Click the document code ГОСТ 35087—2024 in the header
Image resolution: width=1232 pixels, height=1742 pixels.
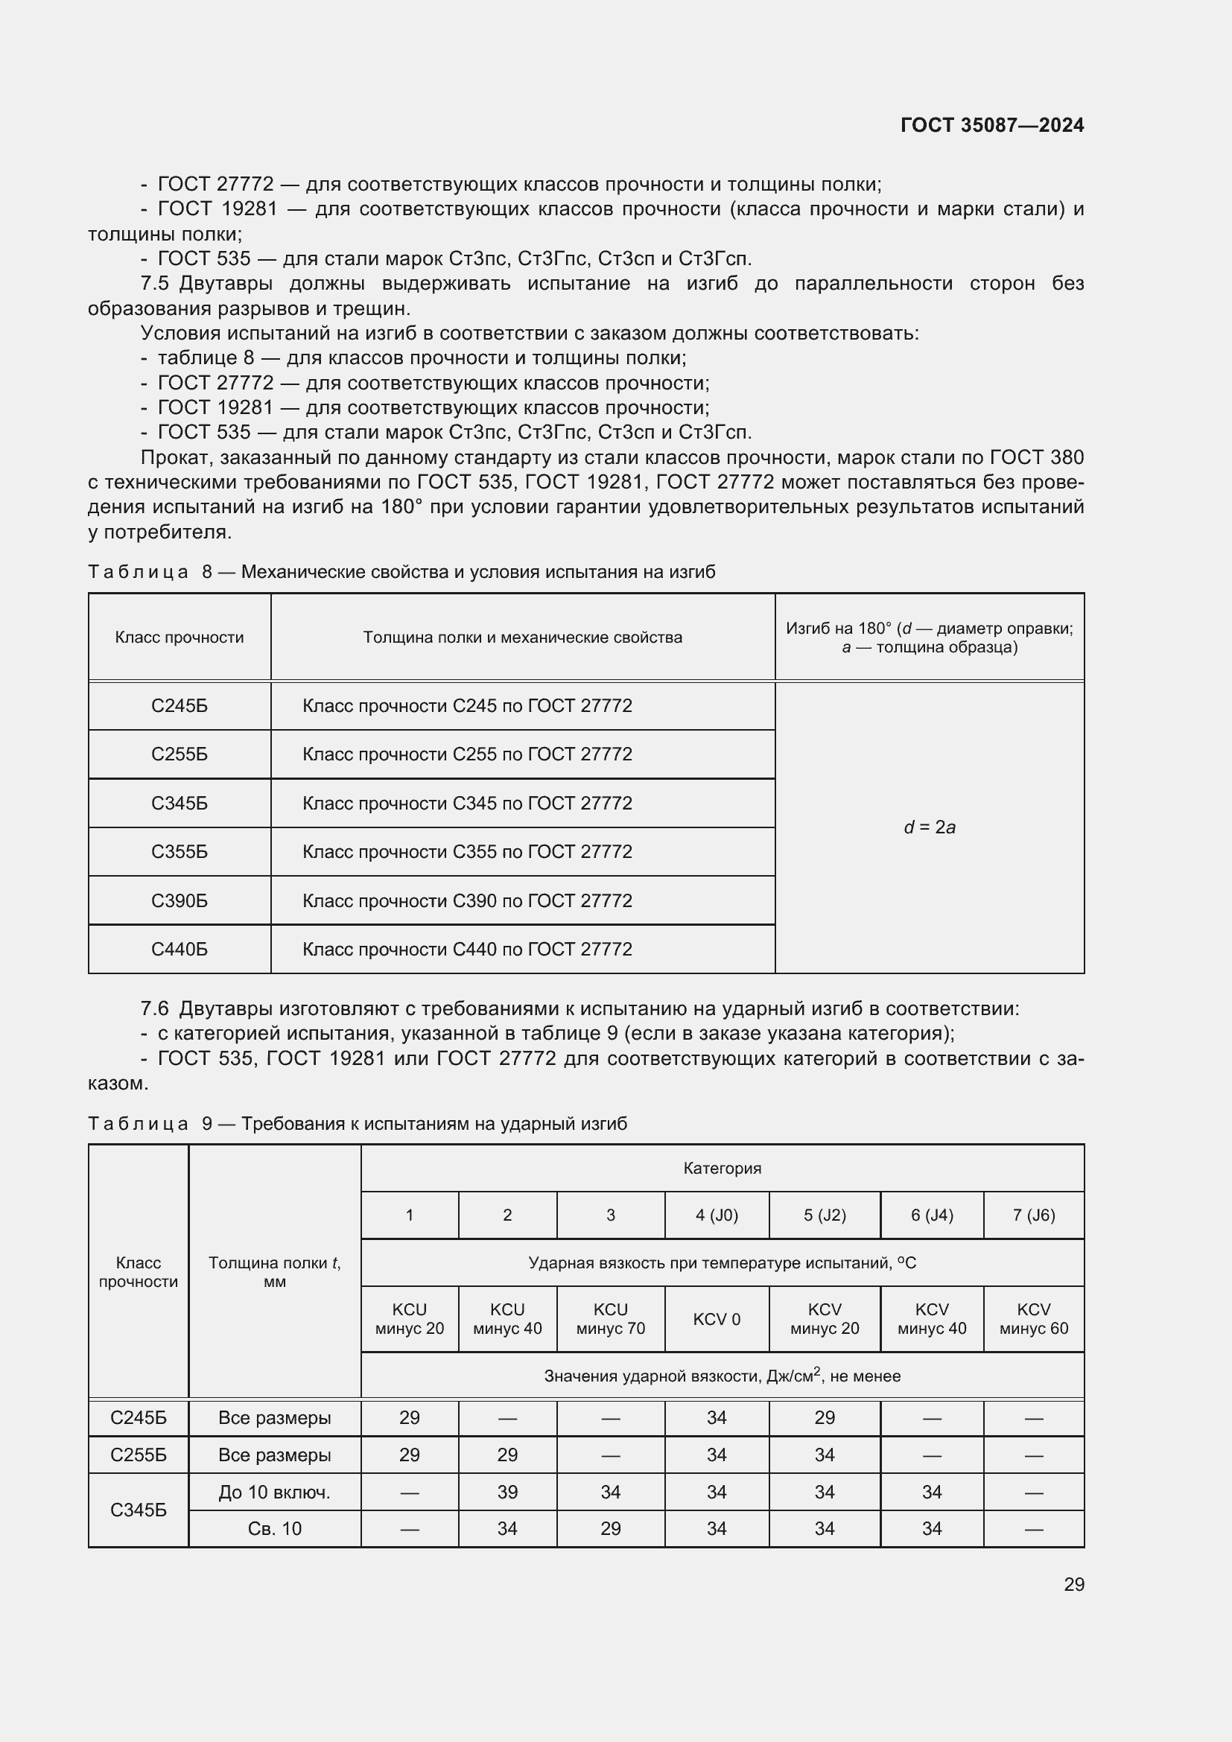point(991,125)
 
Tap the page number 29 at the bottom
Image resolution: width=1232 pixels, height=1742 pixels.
point(1073,1585)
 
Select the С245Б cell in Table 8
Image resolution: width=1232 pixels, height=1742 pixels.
point(179,706)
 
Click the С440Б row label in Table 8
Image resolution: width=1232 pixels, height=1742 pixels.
point(179,949)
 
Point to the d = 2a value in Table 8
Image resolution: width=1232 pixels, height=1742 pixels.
point(930,827)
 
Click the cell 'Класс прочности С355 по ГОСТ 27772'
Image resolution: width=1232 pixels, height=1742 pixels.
point(467,852)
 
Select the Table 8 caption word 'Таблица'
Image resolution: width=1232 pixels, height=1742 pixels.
point(138,572)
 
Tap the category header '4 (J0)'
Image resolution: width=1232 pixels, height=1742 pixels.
point(716,1215)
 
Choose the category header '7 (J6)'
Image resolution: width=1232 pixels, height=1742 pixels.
point(1033,1215)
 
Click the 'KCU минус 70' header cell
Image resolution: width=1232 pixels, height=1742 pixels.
point(610,1320)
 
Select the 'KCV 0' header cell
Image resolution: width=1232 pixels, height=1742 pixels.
point(716,1320)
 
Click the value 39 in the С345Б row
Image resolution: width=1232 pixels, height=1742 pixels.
point(507,1493)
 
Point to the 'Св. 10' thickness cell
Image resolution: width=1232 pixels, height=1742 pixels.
point(275,1529)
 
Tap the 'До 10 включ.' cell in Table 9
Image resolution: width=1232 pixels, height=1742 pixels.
point(275,1493)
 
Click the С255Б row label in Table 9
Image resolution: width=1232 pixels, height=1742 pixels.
point(138,1455)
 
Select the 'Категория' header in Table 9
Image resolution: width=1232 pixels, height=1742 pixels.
point(722,1169)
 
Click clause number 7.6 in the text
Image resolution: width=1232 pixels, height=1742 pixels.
point(155,1009)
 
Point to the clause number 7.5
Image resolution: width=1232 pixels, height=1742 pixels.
point(155,284)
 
